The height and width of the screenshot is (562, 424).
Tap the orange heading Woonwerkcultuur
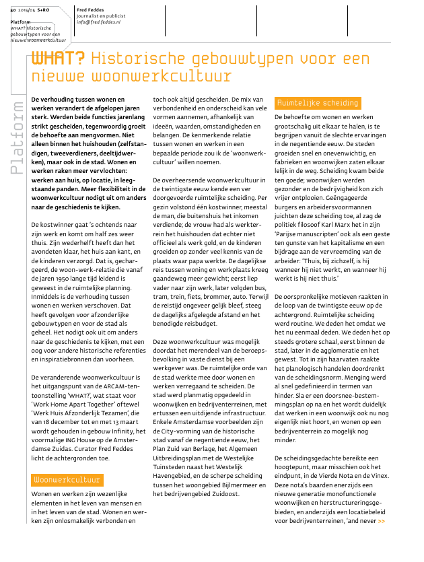(x=67, y=480)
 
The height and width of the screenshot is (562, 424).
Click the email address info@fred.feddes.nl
(x=98, y=22)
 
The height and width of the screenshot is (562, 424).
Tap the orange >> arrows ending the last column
(x=382, y=521)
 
